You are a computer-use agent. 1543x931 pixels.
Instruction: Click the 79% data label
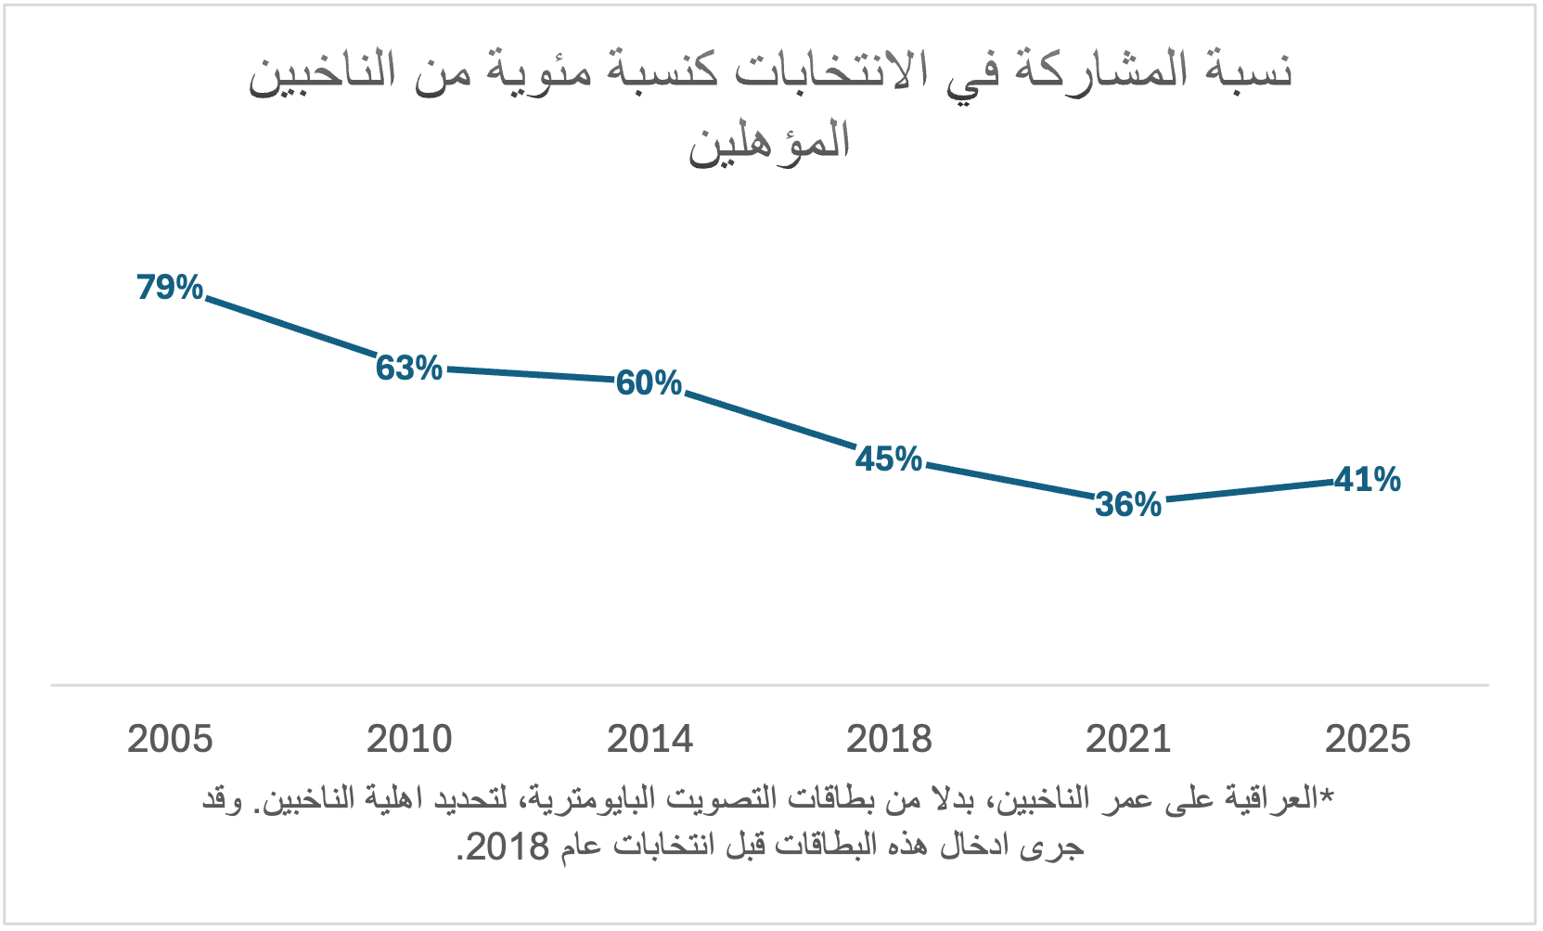[x=170, y=288]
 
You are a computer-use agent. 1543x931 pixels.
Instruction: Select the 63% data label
[x=409, y=369]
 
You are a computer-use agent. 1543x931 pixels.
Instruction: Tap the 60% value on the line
[x=649, y=382]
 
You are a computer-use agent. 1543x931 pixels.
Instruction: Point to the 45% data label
[x=889, y=459]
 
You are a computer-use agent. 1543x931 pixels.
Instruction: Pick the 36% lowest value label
[x=1128, y=504]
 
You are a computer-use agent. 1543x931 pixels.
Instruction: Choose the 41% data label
[x=1368, y=480]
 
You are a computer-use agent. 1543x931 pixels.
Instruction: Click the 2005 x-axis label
[x=170, y=740]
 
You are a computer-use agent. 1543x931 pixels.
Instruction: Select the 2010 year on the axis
[x=409, y=740]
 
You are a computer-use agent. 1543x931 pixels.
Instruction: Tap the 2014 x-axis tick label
[x=649, y=740]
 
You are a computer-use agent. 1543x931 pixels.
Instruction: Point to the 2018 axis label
[x=889, y=740]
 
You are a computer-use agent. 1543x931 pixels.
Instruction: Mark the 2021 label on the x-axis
[x=1128, y=740]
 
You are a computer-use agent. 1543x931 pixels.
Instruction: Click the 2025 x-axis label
[x=1368, y=740]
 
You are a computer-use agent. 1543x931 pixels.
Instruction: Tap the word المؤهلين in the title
[x=769, y=142]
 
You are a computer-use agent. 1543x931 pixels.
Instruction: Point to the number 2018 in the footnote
[x=507, y=847]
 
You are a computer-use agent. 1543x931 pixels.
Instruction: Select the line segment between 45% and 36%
[x=1009, y=482]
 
